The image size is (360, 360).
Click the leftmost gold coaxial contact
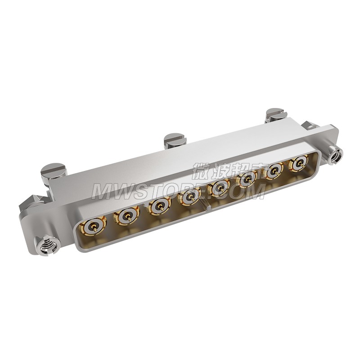click(92, 227)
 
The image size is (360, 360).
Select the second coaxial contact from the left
click(126, 216)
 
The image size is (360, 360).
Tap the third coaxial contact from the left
click(160, 205)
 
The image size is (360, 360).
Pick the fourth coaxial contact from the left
click(190, 196)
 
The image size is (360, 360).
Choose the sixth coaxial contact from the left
click(247, 178)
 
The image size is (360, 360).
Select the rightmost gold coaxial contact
click(298, 163)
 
